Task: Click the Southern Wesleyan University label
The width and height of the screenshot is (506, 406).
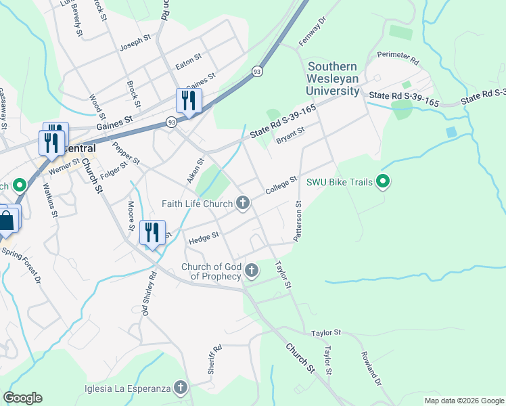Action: (x=333, y=78)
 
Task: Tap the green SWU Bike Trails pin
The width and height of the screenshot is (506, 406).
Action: (x=384, y=181)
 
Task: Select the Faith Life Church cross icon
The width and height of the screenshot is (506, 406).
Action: (x=242, y=203)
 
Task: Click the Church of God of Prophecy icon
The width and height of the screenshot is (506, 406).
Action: (x=252, y=271)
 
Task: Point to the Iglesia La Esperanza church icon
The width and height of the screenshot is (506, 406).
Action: (x=180, y=388)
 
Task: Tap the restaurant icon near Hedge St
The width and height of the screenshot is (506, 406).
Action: (x=152, y=232)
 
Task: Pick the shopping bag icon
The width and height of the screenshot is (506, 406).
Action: (x=7, y=221)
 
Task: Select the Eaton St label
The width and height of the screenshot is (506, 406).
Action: (x=189, y=61)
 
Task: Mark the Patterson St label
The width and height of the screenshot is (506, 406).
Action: (x=297, y=221)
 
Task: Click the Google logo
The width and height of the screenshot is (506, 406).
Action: (x=22, y=398)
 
